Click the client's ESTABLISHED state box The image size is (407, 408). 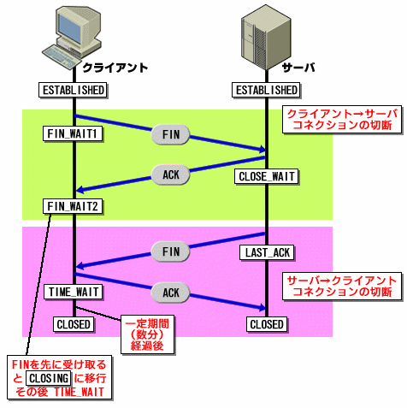point(73,90)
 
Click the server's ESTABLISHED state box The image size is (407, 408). point(266,90)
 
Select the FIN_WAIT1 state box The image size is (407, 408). point(73,133)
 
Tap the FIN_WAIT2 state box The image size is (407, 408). point(73,206)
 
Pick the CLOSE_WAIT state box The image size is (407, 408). point(267,176)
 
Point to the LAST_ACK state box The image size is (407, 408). point(267,252)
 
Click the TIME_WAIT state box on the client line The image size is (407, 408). point(74,292)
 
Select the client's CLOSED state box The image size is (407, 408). point(74,324)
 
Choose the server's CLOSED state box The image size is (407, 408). point(267,324)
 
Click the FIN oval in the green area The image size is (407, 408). point(170,134)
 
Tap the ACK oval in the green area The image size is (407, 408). point(170,174)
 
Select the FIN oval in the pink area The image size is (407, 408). point(170,251)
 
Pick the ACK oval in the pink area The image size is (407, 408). point(170,293)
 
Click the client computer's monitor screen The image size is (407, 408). point(70,27)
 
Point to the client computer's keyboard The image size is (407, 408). point(62,56)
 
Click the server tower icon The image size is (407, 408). point(266,37)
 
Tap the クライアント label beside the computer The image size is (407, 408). point(115,68)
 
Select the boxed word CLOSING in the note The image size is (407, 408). point(49,378)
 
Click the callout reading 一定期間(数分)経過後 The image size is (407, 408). point(147,334)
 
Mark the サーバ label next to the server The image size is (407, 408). point(298,68)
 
